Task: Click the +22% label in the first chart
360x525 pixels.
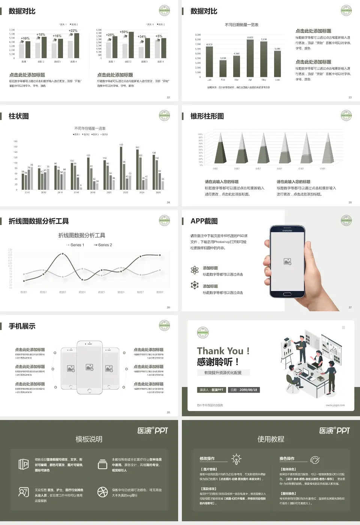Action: click(x=73, y=31)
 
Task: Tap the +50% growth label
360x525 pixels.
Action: click(x=124, y=32)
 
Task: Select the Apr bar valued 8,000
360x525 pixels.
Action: click(x=250, y=58)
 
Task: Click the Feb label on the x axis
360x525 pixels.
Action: click(x=223, y=80)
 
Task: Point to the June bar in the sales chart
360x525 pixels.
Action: click(x=277, y=64)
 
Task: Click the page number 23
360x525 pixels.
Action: click(x=350, y=97)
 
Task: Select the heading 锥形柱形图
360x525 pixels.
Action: click(x=207, y=116)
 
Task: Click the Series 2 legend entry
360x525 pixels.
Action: click(x=103, y=245)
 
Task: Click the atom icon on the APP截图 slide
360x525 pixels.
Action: click(x=195, y=270)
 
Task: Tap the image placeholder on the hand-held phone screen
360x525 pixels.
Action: click(x=288, y=262)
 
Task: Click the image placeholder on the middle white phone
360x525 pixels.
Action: click(x=89, y=367)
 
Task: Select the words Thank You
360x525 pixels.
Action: click(x=220, y=351)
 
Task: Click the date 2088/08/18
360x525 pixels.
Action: click(x=244, y=390)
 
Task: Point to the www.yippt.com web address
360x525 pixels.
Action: click(x=335, y=405)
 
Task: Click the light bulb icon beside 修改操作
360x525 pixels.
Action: click(x=236, y=459)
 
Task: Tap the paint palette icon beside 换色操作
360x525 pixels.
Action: click(x=315, y=459)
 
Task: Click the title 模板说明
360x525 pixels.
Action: click(x=89, y=439)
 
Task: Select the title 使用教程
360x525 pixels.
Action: click(x=271, y=439)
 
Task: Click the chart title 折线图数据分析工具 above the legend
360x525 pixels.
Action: click(x=82, y=235)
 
